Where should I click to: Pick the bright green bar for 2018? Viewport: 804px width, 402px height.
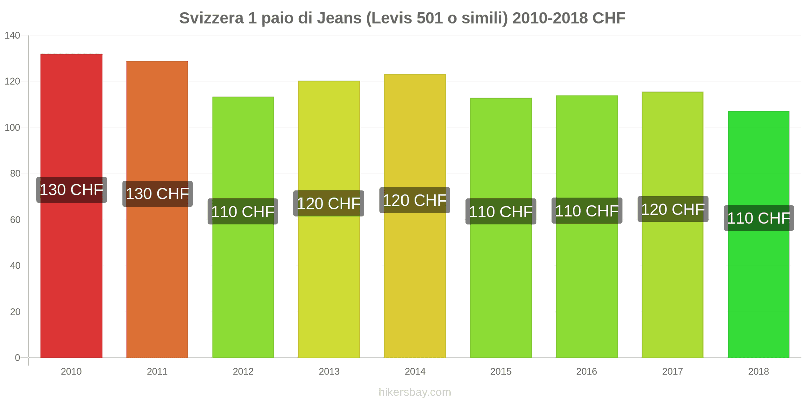tap(758, 291)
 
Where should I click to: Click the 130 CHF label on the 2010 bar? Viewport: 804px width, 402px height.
tap(71, 190)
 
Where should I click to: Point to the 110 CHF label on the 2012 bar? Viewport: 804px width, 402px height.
tap(243, 212)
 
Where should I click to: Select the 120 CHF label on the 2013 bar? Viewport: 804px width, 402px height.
tap(329, 204)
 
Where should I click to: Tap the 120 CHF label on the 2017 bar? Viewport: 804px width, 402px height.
tap(673, 209)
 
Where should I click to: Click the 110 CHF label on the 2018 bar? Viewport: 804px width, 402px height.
tap(759, 218)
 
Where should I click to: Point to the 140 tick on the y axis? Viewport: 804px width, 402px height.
tap(12, 35)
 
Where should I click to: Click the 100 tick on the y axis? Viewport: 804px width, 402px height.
tap(12, 128)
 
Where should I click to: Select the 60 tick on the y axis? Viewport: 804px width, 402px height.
tap(15, 220)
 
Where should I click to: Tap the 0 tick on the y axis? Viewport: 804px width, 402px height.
tap(17, 358)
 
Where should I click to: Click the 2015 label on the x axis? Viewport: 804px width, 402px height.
tap(501, 372)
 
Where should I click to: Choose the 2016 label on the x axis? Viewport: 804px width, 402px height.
tap(587, 372)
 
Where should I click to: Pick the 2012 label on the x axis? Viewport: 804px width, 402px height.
tap(243, 372)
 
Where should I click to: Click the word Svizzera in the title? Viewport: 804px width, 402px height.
tap(211, 18)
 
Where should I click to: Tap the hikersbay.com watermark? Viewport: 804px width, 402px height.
tap(415, 392)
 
